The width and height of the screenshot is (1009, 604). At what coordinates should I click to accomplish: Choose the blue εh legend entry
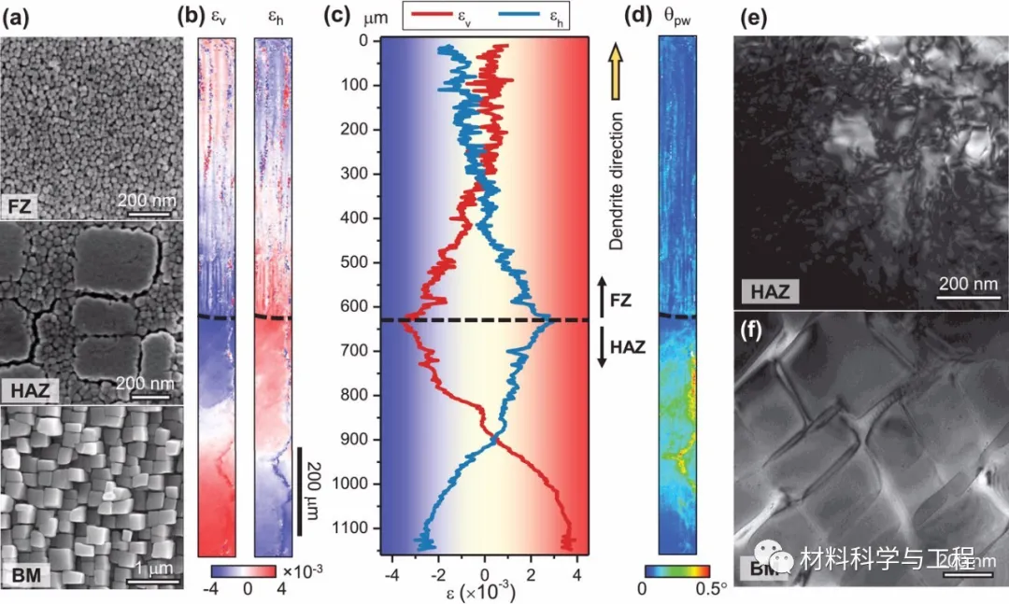pos(532,16)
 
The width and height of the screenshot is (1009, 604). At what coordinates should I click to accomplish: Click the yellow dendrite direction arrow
pos(616,70)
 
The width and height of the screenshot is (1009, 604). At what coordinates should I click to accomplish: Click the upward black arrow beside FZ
pos(602,293)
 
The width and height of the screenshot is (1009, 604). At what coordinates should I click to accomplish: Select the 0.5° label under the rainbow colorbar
pos(711,590)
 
